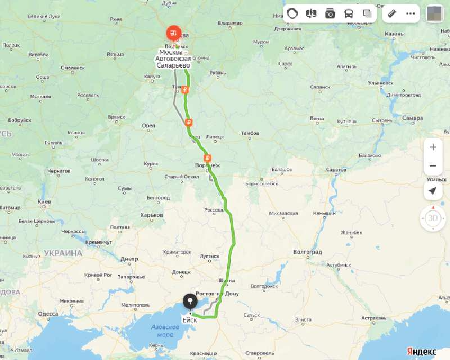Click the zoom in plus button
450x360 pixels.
coord(433,147)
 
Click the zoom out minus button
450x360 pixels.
coord(433,166)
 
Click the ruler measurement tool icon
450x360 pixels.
coord(393,13)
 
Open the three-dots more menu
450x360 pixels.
coord(410,13)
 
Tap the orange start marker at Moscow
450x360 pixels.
coord(174,33)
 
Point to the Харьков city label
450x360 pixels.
coord(151,215)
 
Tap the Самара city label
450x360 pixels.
coord(412,118)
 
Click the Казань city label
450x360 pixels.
coord(394,34)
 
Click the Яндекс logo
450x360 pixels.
coord(421,351)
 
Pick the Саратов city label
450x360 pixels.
coord(336,169)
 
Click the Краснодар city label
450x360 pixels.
coord(204,353)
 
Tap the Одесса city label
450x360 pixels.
coord(48,314)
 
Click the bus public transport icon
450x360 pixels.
coord(349,13)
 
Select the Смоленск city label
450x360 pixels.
coord(73,67)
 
